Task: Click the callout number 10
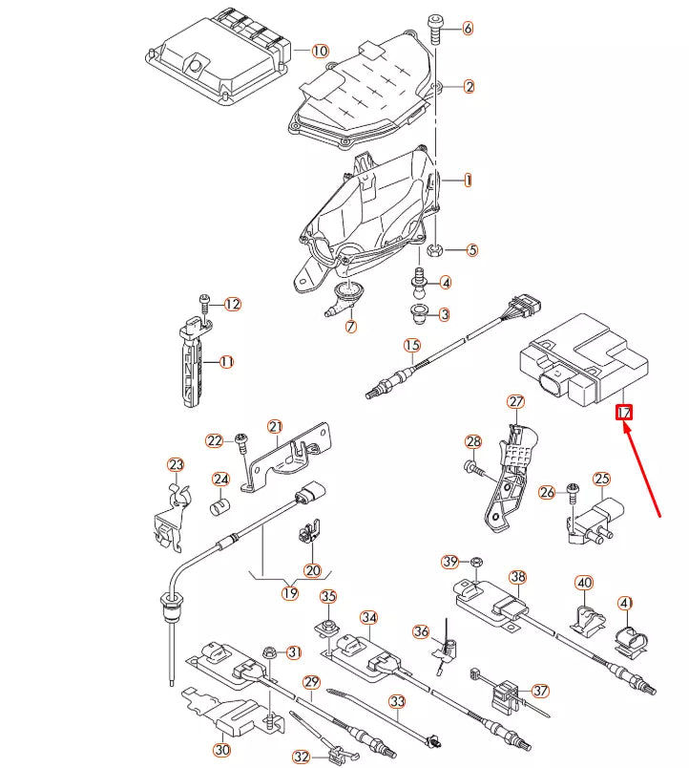(319, 51)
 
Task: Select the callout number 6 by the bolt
(468, 29)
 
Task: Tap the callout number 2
(470, 87)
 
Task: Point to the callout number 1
(469, 180)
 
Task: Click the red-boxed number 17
(625, 413)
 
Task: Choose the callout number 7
(350, 327)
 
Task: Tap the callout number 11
(226, 362)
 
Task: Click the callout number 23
(176, 465)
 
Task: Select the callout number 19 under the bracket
(290, 593)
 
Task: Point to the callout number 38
(517, 577)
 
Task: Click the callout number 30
(221, 750)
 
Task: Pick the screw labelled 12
(204, 304)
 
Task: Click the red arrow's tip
(625, 424)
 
